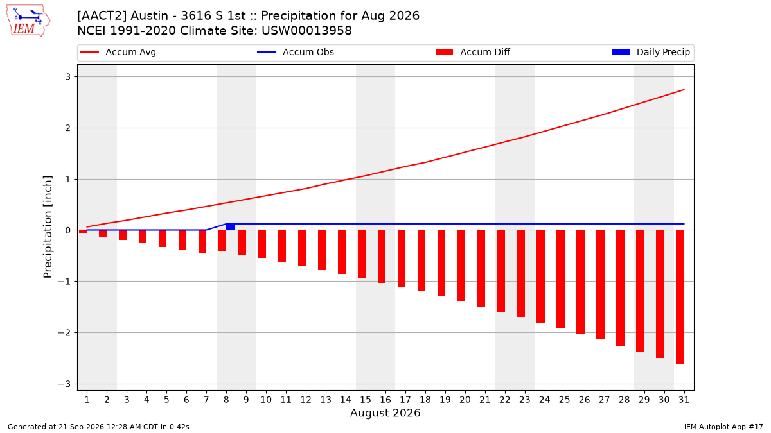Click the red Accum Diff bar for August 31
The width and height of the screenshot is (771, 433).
(680, 297)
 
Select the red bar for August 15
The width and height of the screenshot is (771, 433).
(361, 254)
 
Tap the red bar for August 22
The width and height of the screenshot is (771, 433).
(501, 271)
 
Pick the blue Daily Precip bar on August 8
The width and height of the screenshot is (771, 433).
(230, 227)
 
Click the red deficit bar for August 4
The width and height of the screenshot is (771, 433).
(143, 237)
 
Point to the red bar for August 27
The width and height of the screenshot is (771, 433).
(600, 285)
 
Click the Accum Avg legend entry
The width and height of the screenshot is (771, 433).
(118, 52)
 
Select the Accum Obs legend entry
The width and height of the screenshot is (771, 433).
(296, 52)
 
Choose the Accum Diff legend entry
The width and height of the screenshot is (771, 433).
(473, 52)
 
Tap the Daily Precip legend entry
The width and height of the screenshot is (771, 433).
(650, 52)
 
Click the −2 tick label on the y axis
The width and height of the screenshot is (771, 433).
(64, 333)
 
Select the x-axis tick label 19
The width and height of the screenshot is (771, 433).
(445, 400)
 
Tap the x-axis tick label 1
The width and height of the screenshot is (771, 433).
(87, 400)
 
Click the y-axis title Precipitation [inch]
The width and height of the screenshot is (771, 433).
(48, 227)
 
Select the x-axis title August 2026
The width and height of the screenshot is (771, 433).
(385, 412)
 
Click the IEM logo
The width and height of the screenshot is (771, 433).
(28, 21)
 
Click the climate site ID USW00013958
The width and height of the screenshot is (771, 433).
(306, 31)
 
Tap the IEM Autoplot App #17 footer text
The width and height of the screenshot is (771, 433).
(723, 427)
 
